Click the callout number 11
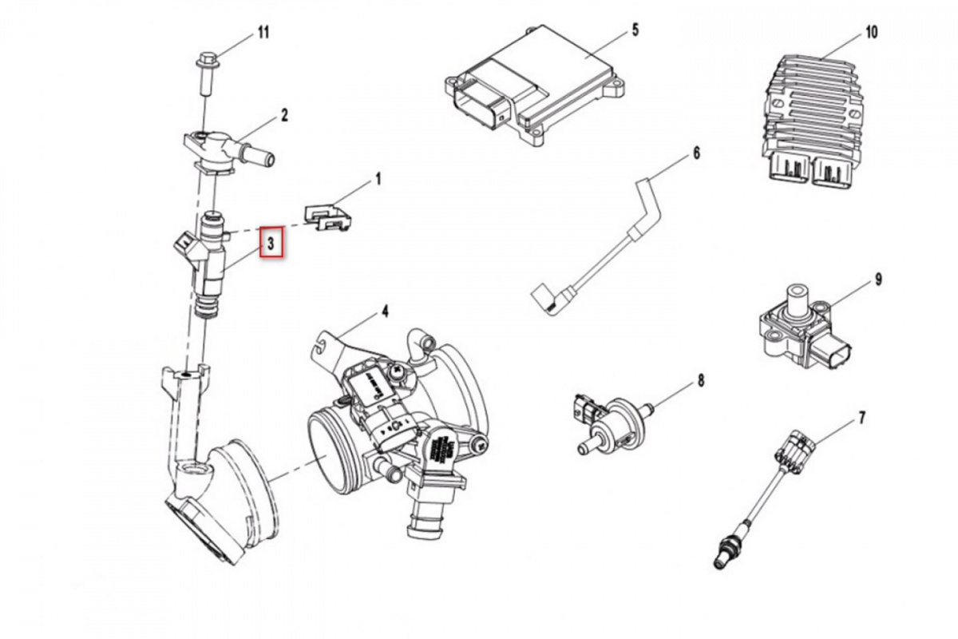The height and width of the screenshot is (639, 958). tap(263, 33)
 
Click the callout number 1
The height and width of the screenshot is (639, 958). tap(378, 180)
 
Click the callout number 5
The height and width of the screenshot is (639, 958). tap(635, 30)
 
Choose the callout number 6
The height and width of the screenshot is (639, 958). tap(695, 152)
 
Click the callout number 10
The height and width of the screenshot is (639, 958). tap(870, 33)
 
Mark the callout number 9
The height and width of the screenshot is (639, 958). tap(877, 280)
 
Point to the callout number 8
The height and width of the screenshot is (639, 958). tap(700, 380)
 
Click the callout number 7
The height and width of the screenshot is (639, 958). tap(861, 417)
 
